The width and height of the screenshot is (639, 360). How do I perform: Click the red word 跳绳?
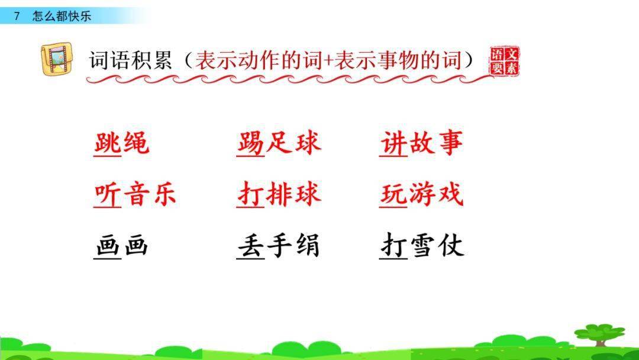pyautogui.click(x=121, y=143)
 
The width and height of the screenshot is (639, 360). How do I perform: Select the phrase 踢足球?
pyautogui.click(x=279, y=143)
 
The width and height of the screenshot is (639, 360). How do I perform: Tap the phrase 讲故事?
pyautogui.click(x=422, y=143)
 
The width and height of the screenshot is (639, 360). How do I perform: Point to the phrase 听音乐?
pyautogui.click(x=135, y=194)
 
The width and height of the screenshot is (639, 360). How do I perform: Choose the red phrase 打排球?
pyautogui.click(x=279, y=194)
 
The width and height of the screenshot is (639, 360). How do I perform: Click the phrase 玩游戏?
pyautogui.click(x=422, y=194)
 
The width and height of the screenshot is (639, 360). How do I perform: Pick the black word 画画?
pyautogui.click(x=121, y=246)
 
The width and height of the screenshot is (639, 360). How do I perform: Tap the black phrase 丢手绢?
pyautogui.click(x=279, y=246)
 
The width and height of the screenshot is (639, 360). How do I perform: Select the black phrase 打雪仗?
pyautogui.click(x=422, y=246)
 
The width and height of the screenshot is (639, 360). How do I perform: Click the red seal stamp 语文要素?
pyautogui.click(x=504, y=61)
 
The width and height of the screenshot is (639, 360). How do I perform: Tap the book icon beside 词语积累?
pyautogui.click(x=57, y=59)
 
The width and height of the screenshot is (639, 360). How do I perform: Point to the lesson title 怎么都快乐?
pyautogui.click(x=62, y=16)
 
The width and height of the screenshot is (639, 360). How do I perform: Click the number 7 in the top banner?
pyautogui.click(x=17, y=16)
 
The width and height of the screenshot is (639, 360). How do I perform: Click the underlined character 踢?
pyautogui.click(x=251, y=143)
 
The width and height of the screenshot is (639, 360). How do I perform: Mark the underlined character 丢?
pyautogui.click(x=251, y=246)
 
